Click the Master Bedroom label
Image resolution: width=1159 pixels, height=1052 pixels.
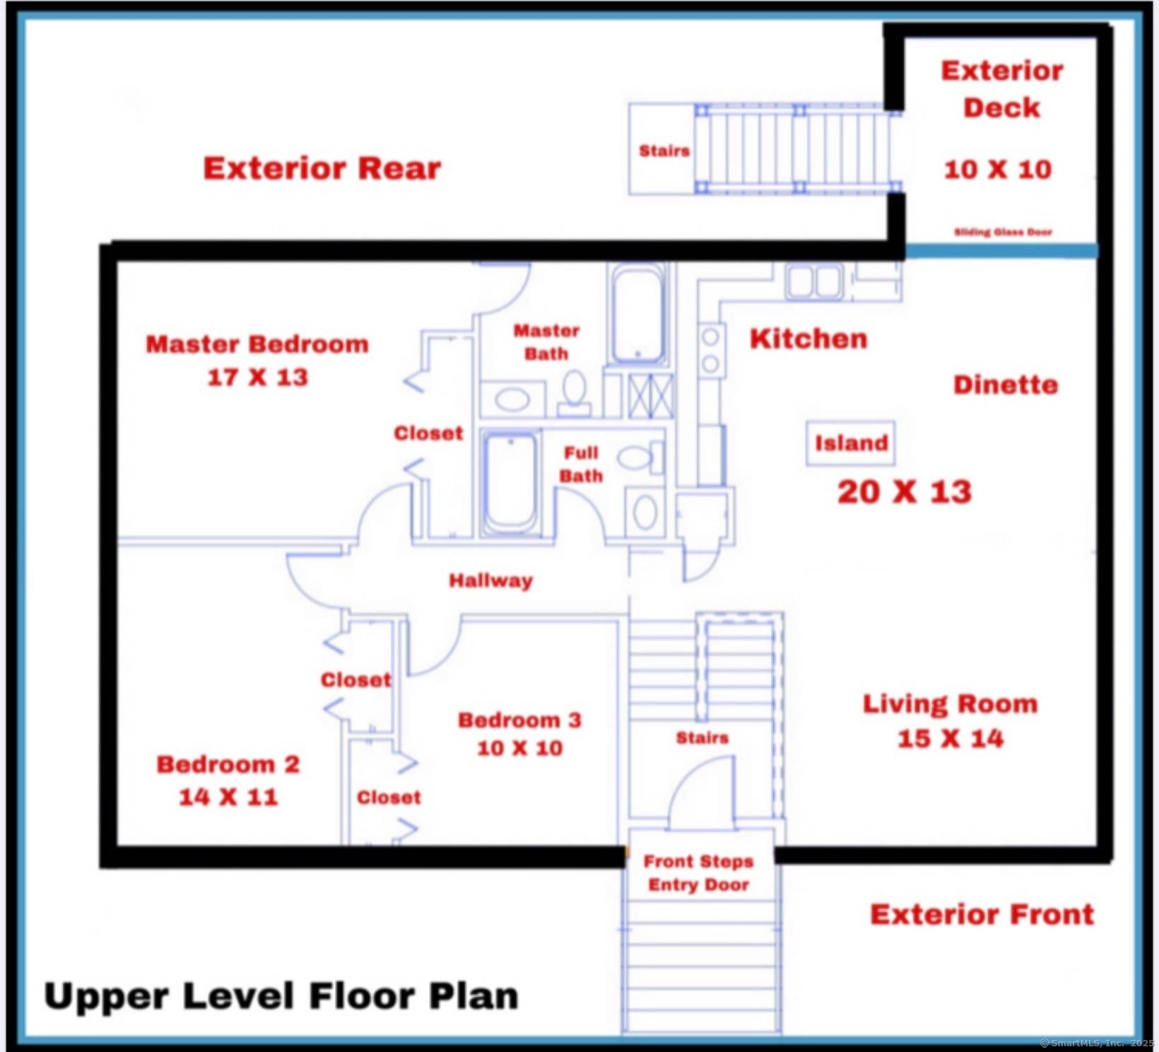click(x=257, y=345)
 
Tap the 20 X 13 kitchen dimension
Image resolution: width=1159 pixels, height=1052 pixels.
click(x=904, y=492)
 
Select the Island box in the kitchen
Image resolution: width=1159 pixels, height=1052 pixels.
click(x=851, y=444)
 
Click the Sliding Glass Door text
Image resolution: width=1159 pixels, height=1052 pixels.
click(x=1003, y=232)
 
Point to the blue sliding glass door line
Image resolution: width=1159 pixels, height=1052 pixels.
click(x=1001, y=251)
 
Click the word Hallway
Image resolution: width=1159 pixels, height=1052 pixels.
click(x=490, y=581)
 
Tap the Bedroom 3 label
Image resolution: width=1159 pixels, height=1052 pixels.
click(x=519, y=720)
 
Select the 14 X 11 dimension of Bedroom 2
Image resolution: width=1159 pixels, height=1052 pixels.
click(x=228, y=797)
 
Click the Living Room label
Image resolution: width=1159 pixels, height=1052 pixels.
click(x=950, y=704)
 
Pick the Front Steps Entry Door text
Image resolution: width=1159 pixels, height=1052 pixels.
click(x=698, y=873)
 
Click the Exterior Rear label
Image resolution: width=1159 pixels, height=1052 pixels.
click(x=322, y=169)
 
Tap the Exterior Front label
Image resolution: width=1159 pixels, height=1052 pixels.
click(x=982, y=915)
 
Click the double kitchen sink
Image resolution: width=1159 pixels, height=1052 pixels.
click(x=814, y=281)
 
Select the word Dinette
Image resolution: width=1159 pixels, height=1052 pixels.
click(x=1005, y=385)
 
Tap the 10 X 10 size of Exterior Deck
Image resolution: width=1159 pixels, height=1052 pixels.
click(x=997, y=170)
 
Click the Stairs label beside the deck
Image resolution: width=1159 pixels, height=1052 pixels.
click(x=664, y=151)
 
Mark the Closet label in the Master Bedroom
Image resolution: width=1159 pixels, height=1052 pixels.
click(x=428, y=433)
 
